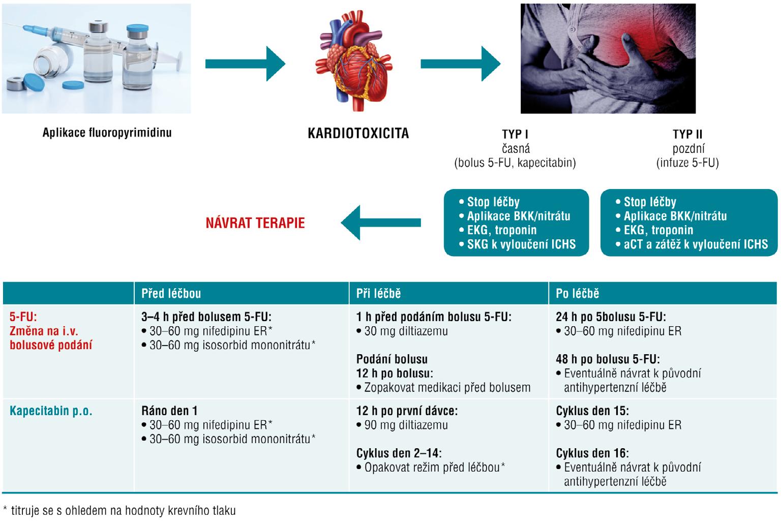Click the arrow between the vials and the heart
click(245, 64)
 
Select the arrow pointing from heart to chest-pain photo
click(460, 64)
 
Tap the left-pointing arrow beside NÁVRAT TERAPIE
click(380, 223)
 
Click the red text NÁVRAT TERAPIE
click(255, 223)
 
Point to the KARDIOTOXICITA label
click(358, 134)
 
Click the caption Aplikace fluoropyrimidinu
click(107, 133)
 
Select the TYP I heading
click(515, 135)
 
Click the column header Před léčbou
click(171, 294)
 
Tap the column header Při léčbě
click(378, 294)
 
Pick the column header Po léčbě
click(577, 294)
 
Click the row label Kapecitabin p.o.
click(51, 411)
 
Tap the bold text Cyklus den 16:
click(592, 453)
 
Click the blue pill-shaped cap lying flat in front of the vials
click(79, 84)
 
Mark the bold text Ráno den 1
click(169, 411)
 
